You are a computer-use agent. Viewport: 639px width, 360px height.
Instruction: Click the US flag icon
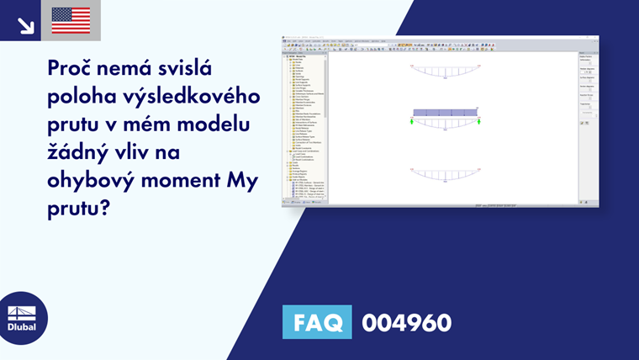click(x=71, y=20)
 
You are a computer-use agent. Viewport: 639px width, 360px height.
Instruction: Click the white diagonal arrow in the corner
click(x=25, y=25)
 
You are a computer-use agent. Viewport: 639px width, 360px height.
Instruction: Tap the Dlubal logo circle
click(x=22, y=318)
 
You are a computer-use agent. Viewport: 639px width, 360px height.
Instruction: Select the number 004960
click(x=406, y=322)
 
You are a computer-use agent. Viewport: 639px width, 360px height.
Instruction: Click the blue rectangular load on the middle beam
click(x=445, y=112)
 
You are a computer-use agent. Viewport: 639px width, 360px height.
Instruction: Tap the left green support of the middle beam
click(x=413, y=122)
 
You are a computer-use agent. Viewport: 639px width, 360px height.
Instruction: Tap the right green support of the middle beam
click(x=478, y=122)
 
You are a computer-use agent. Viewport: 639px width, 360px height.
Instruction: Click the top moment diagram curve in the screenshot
click(x=445, y=73)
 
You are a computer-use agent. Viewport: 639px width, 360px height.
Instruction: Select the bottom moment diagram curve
click(x=445, y=176)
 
